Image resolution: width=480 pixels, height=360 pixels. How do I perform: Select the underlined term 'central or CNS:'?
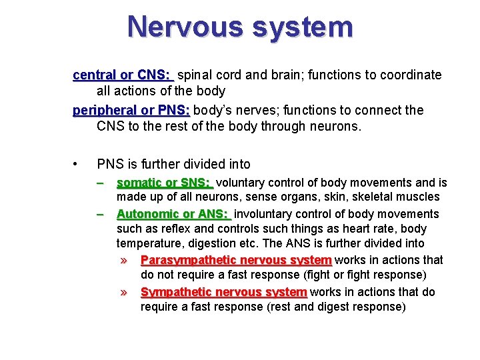point(123,75)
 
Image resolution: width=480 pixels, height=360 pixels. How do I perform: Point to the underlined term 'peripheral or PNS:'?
point(131,110)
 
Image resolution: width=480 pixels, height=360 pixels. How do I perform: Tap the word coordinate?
point(409,75)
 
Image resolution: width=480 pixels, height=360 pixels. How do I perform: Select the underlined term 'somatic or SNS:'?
point(163,183)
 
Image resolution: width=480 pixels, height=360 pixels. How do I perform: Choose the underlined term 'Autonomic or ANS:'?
point(173,214)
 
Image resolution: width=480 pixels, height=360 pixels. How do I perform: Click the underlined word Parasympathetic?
point(185,260)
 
